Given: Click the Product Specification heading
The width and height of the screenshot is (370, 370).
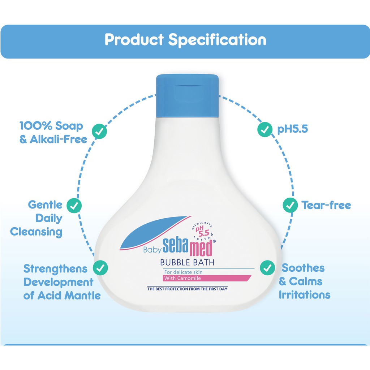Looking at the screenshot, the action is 185,40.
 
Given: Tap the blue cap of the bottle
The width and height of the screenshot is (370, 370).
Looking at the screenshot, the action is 188,96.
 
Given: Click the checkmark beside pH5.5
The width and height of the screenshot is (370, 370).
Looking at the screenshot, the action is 265,129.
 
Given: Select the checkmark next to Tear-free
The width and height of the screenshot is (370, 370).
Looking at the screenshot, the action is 290,205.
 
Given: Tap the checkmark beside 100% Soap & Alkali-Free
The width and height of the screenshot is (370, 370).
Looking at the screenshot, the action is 99,131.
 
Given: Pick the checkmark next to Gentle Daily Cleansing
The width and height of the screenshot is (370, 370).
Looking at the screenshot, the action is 74,206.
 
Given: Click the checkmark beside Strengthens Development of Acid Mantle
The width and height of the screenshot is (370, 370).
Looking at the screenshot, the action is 100,268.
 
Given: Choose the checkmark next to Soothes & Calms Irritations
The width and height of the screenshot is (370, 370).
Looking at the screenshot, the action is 267,268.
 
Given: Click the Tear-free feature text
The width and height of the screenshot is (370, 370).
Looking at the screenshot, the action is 326,205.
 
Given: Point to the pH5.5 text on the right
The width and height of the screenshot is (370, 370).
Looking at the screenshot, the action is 293,129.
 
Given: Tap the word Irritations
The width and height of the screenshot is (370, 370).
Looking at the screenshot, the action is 304,295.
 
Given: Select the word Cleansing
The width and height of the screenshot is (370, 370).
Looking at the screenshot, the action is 36,232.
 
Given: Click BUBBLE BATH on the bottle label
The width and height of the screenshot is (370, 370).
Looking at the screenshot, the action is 187,262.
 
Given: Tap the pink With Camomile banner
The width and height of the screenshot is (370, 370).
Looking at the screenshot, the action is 207,278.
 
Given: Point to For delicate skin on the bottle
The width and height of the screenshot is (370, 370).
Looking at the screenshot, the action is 183,272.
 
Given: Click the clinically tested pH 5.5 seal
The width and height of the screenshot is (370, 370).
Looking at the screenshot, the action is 203,231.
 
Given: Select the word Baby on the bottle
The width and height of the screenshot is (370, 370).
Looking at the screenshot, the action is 152,250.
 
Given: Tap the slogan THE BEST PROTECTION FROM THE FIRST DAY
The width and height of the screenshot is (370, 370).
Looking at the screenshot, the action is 188,289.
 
